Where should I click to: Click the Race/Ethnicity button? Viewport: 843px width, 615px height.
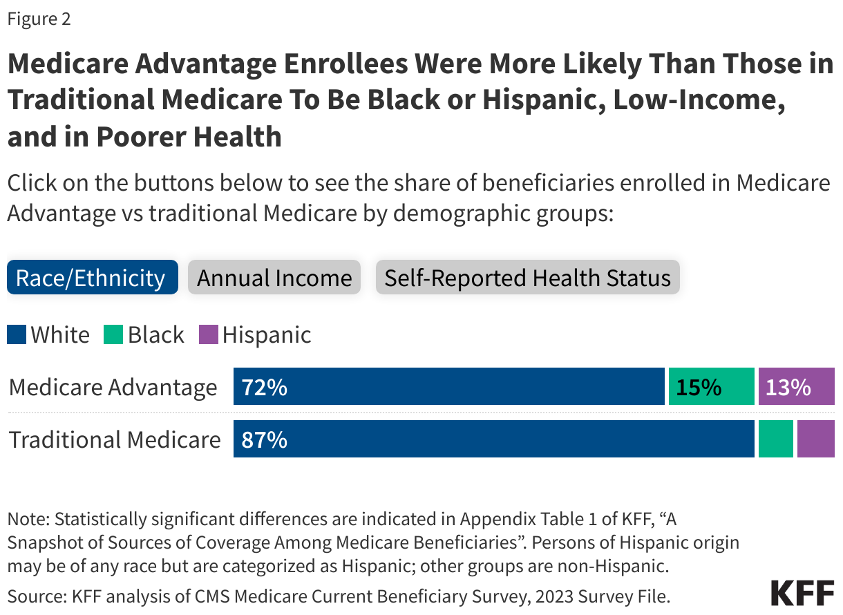coord(92,278)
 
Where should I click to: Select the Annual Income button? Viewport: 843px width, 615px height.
coord(274,278)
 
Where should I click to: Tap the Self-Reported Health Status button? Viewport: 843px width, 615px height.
coord(527,278)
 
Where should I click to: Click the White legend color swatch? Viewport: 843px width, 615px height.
coord(17,335)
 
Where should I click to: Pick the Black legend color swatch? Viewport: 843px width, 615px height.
coord(114,335)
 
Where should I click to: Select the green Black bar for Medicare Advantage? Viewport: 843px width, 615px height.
coord(711,386)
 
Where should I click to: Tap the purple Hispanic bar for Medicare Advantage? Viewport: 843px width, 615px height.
coord(796,386)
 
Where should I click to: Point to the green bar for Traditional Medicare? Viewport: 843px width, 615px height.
coord(775,439)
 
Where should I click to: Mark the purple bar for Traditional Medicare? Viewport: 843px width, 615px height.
coord(815,439)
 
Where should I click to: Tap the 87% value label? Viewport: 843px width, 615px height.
coord(264,439)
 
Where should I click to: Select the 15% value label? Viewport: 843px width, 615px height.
coord(699,387)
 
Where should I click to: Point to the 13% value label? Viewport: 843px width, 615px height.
coord(788,387)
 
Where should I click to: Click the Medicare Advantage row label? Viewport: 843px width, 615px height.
coord(113,387)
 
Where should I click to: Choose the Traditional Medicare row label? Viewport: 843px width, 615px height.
coord(115,439)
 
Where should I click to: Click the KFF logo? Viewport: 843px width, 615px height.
coord(801,593)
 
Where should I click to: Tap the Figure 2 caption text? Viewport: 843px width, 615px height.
coord(39,19)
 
